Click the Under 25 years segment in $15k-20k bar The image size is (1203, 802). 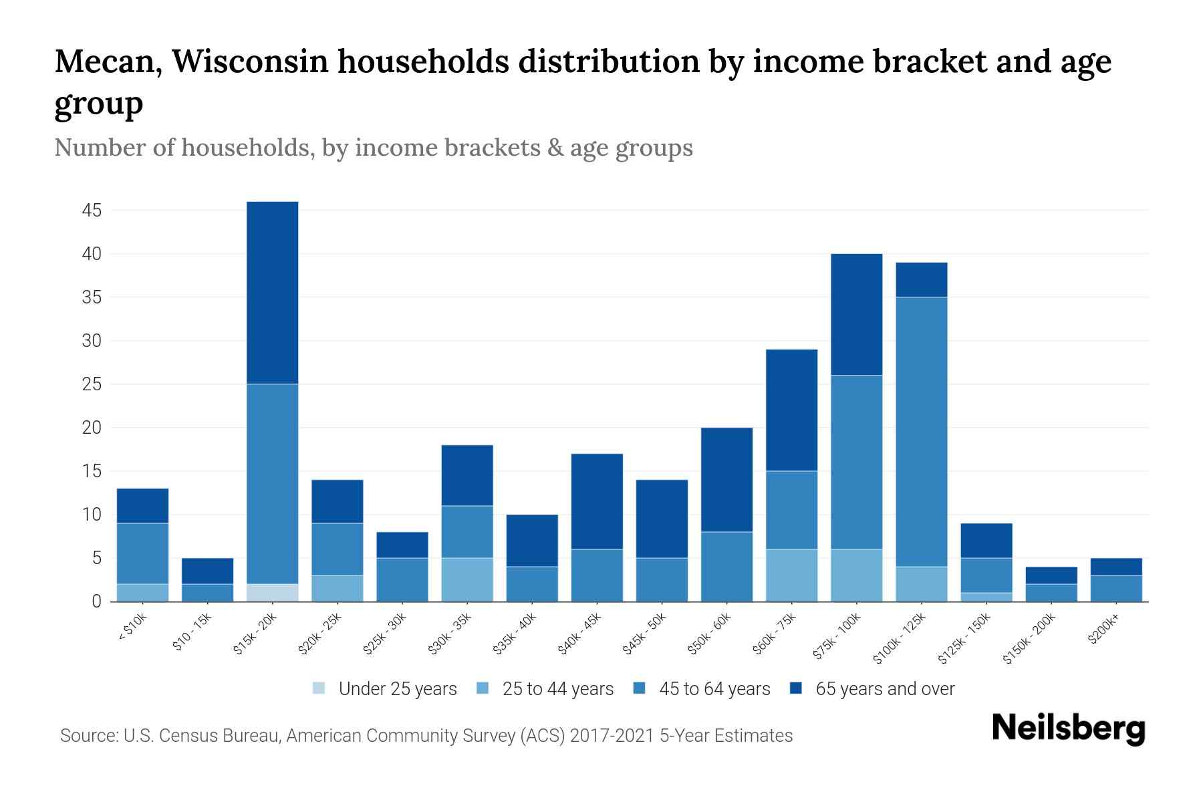click(273, 593)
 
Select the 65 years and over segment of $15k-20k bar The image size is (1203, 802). click(273, 293)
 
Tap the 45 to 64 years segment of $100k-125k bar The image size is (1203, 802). click(922, 432)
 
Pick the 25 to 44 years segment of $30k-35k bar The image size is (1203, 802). click(467, 579)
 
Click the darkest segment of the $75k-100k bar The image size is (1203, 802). click(857, 315)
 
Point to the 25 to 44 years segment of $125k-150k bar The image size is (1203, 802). click(986, 597)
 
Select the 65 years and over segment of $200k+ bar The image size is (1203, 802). click(1116, 567)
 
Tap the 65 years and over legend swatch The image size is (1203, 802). click(796, 689)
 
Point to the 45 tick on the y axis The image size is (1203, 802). click(92, 211)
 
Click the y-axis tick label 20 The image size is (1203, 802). click(92, 428)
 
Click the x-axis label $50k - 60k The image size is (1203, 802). click(710, 633)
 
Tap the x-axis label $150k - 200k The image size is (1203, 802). click(1029, 638)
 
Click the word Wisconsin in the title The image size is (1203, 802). click(250, 61)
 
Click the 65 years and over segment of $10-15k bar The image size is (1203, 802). click(208, 571)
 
